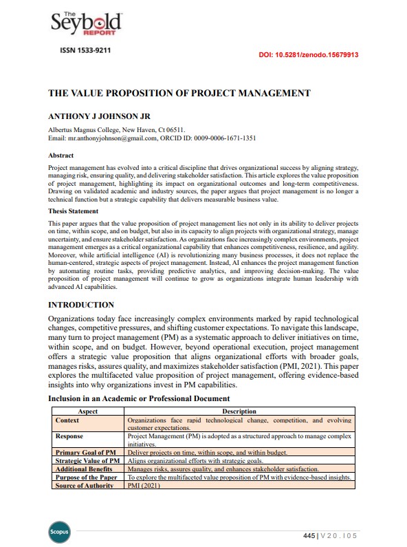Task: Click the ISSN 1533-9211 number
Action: (86, 50)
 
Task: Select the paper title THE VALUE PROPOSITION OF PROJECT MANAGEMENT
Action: (179, 93)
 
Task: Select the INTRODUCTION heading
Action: (81, 304)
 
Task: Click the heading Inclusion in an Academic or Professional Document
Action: (138, 398)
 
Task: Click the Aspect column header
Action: (88, 411)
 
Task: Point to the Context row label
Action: (67, 420)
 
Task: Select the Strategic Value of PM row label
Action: (88, 460)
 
